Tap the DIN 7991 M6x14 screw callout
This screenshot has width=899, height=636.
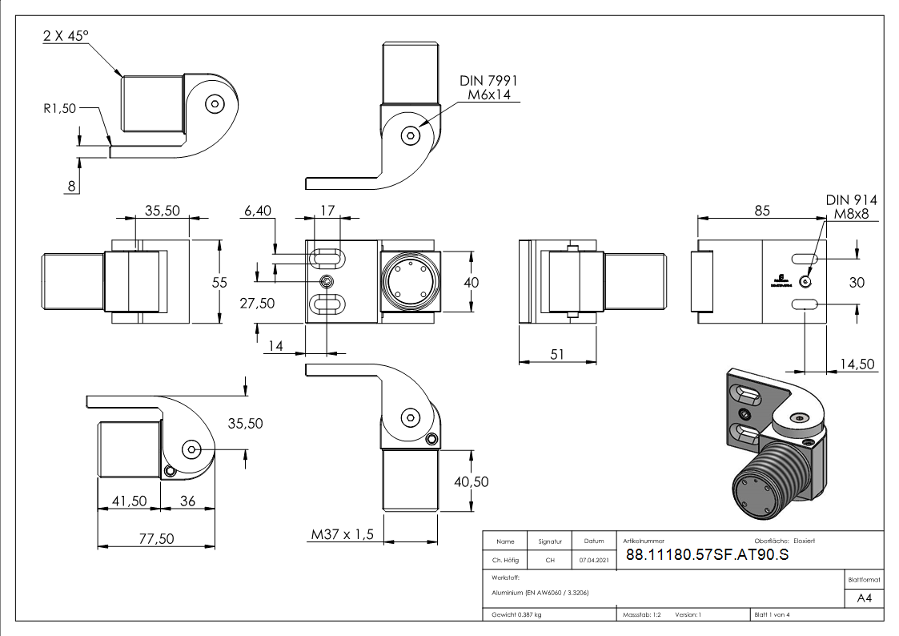pyautogui.click(x=489, y=88)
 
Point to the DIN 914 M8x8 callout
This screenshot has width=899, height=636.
pyautogui.click(x=850, y=207)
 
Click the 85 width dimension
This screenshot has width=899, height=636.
pyautogui.click(x=761, y=211)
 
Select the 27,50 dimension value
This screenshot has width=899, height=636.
pyautogui.click(x=257, y=303)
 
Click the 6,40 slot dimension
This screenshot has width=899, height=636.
pyautogui.click(x=258, y=211)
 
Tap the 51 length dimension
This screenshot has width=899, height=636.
pyautogui.click(x=557, y=352)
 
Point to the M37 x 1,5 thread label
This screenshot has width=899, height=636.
pyautogui.click(x=343, y=534)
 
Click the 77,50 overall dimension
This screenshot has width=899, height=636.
pyautogui.click(x=156, y=538)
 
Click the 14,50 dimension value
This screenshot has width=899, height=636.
pyautogui.click(x=857, y=364)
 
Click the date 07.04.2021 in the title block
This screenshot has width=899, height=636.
pyautogui.click(x=593, y=560)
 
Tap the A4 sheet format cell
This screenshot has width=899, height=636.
pyautogui.click(x=865, y=598)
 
